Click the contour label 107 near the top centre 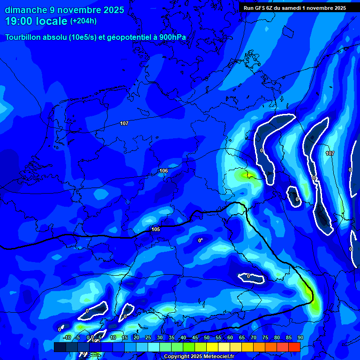click(124, 123)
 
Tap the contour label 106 click(164, 171)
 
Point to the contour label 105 click(156, 229)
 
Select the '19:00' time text click(18, 22)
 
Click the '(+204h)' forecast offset click(84, 21)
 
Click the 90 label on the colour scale click(300, 337)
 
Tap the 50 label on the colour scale click(207, 337)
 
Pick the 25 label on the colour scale click(148, 337)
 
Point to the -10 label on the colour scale click(67, 337)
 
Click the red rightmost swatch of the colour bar click(294, 347)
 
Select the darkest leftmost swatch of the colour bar click(60, 347)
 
